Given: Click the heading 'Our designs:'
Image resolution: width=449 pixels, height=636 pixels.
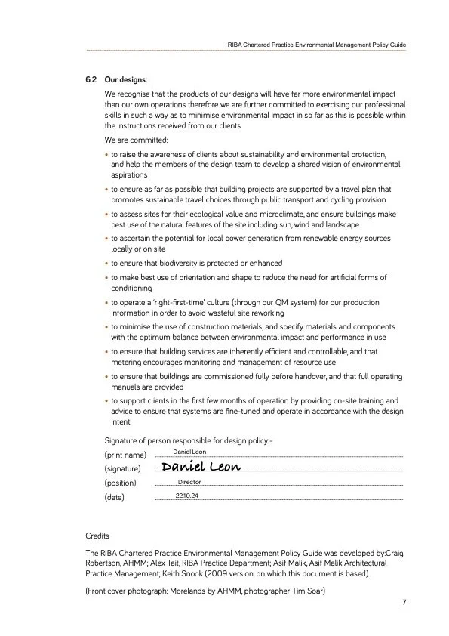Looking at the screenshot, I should pos(126,79).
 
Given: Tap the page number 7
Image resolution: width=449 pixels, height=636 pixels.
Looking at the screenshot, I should pos(404,603).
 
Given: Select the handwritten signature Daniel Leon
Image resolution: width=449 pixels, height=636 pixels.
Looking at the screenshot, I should pos(201,467).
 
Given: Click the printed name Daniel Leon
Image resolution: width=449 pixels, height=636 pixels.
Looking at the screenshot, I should pos(189,452).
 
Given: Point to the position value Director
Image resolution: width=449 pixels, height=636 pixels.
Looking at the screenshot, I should pos(189,482).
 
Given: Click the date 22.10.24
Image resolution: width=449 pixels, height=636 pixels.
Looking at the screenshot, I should pos(187,496).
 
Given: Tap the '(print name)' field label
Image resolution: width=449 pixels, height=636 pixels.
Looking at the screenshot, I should pos(125,455).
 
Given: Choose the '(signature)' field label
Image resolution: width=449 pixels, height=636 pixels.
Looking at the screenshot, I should pos(123,469).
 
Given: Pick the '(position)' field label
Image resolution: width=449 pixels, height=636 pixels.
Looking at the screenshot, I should pos(121,483).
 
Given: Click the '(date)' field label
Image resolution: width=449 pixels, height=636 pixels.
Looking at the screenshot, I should pos(114,498).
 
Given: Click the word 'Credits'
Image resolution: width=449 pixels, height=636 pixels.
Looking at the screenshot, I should pos(98,535).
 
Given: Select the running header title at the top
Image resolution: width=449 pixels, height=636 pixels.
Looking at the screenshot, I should pos(317,45).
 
